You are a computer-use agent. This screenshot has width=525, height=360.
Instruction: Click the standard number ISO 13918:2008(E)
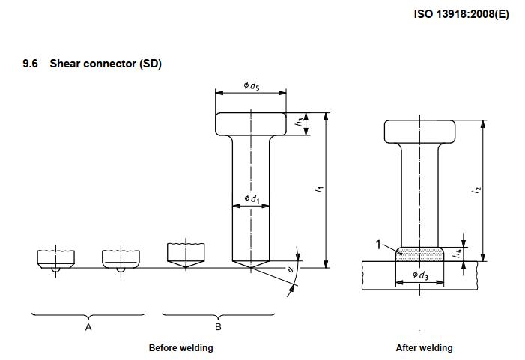pos(461,14)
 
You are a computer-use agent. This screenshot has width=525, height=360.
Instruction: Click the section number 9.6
pos(31,64)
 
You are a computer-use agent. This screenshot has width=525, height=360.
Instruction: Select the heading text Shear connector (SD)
pos(106,64)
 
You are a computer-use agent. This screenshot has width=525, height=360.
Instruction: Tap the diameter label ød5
pos(252,86)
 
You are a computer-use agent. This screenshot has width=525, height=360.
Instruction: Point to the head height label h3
pos(299,122)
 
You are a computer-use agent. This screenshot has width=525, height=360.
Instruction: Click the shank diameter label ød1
pos(252,199)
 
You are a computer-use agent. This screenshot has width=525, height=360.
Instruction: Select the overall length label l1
pos(319,190)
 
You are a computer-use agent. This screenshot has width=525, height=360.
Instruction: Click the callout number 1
pos(378,243)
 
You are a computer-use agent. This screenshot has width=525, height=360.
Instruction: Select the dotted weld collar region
pos(419,254)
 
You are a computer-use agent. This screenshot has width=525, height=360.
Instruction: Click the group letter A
pos(88,327)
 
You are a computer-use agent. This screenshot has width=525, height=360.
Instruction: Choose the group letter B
pos(218,327)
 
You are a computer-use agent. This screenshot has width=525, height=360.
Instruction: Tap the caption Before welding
pos(180,347)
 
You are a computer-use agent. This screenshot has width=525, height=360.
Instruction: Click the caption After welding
pos(424,347)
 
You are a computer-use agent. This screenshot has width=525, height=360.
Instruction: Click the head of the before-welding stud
pos(252,123)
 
